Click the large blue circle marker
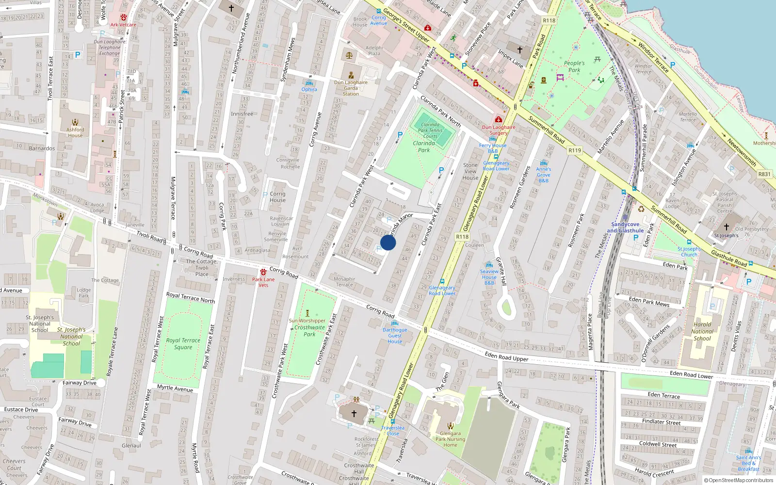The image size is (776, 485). pos(388,242)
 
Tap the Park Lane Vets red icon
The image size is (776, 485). pos(263,272)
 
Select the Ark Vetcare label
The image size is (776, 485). pos(123,25)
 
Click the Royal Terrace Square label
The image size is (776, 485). pos(183,343)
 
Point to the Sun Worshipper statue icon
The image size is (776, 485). pos(307,313)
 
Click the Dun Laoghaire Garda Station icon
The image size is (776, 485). pos(351,75)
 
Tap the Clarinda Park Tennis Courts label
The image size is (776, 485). pos(430,130)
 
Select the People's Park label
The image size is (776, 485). pos(574,66)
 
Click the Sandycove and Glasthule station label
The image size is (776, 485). pos(625,227)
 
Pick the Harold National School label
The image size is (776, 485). pos(702,331)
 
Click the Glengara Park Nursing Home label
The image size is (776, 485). pos(450,439)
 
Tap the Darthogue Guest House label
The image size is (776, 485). pos(395,335)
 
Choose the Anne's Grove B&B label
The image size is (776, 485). pos(544,175)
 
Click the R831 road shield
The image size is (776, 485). pos(764,174)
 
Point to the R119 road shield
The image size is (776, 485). pos(575,150)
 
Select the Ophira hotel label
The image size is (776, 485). pos(309,89)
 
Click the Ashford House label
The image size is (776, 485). pos(75,132)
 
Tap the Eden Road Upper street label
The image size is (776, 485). pos(506,356)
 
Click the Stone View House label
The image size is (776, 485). pos(470,171)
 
